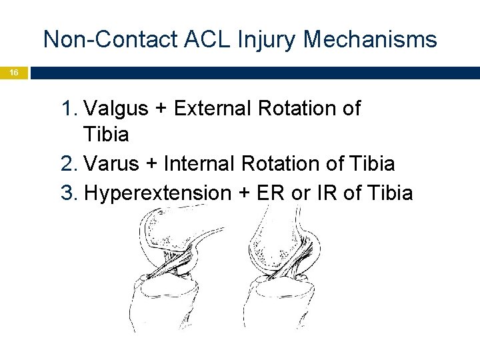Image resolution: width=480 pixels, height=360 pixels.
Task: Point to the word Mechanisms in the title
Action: coord(370,40)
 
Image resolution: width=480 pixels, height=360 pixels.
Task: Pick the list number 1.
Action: coord(69,108)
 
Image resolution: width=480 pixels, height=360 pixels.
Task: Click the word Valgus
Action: coord(118,108)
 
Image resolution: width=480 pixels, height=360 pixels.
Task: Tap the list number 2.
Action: coord(69,163)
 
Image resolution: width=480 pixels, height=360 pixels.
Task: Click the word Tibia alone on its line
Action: coord(106,135)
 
